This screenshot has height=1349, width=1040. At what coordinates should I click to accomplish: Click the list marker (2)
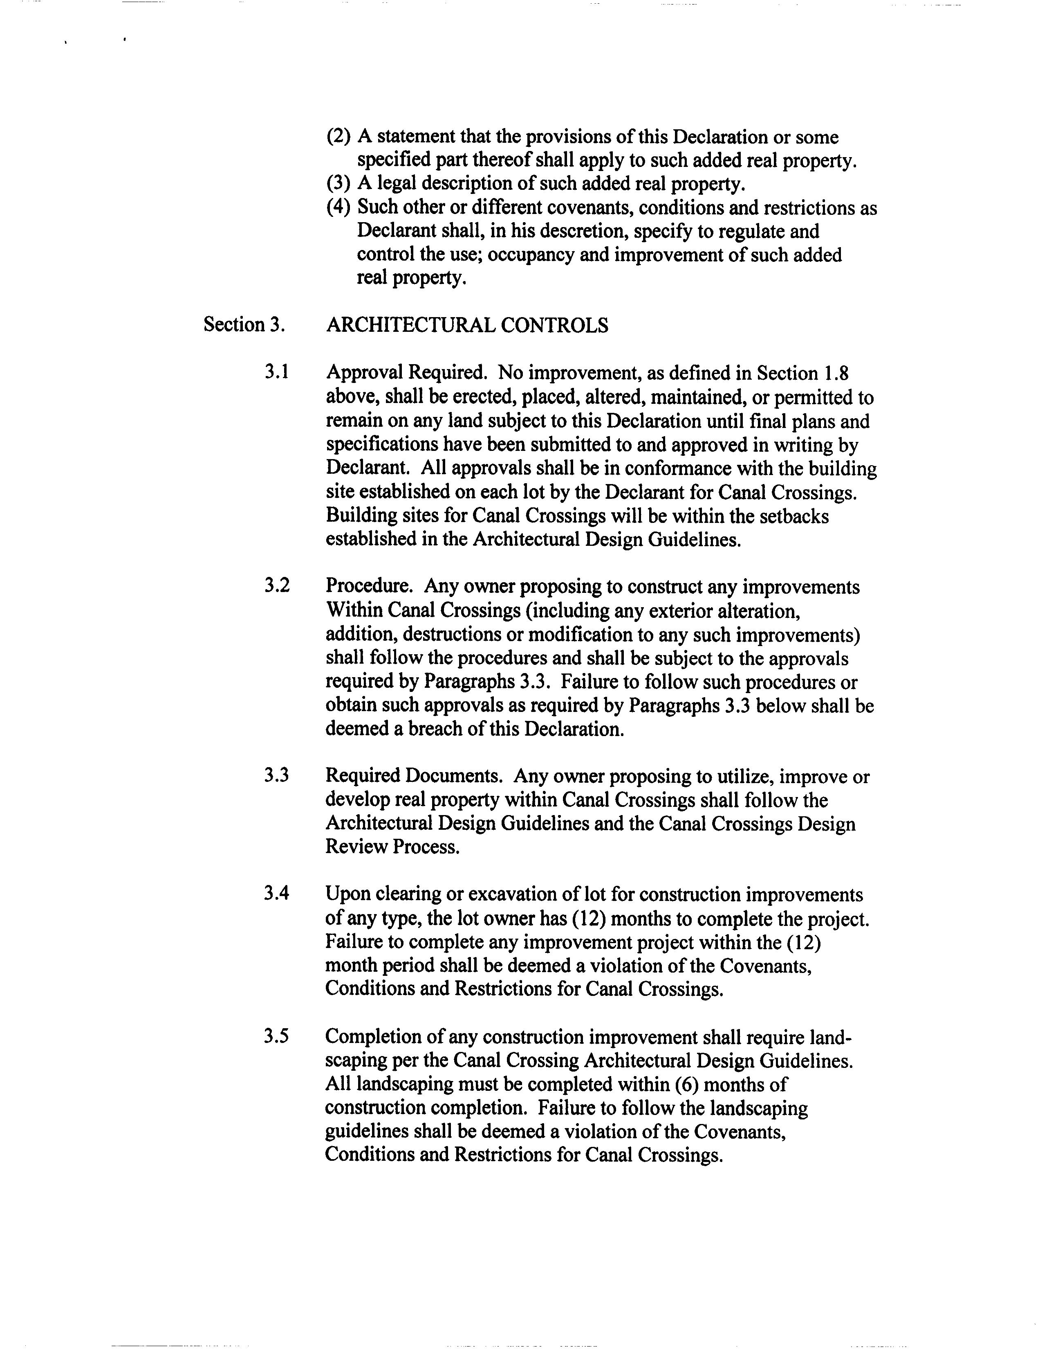338,137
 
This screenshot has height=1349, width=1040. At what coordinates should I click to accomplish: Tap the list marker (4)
338,207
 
